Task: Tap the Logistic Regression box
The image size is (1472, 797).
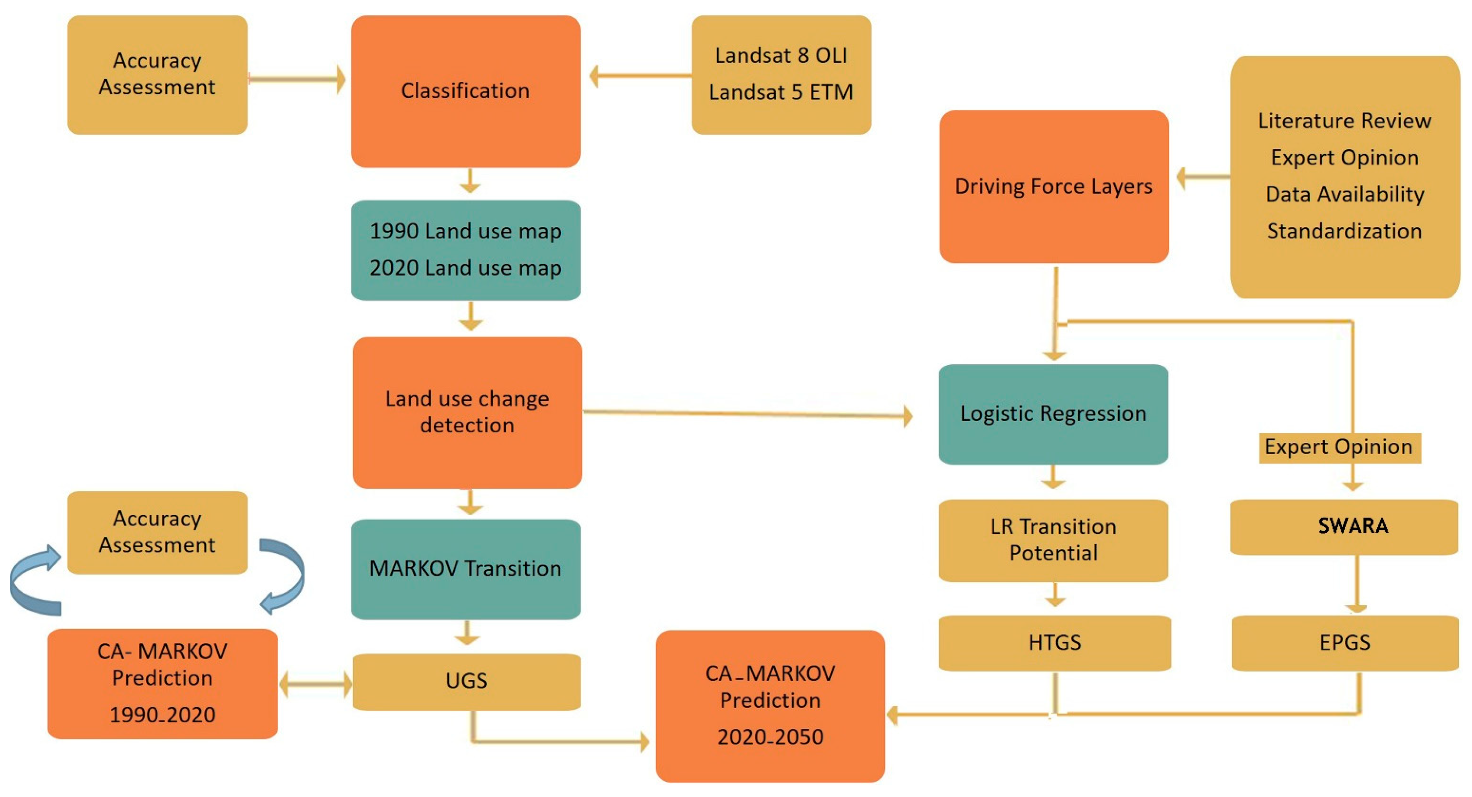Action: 1053,414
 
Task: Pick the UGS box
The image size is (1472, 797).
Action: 466,681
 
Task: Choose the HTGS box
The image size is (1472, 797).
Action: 1054,643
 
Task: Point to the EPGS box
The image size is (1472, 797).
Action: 1345,643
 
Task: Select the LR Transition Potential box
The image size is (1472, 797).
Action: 1053,540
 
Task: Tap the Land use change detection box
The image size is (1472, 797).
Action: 467,412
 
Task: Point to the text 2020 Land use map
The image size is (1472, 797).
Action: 465,268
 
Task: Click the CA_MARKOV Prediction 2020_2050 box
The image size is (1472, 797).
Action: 770,705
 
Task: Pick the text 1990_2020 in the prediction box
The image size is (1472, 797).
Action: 162,715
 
